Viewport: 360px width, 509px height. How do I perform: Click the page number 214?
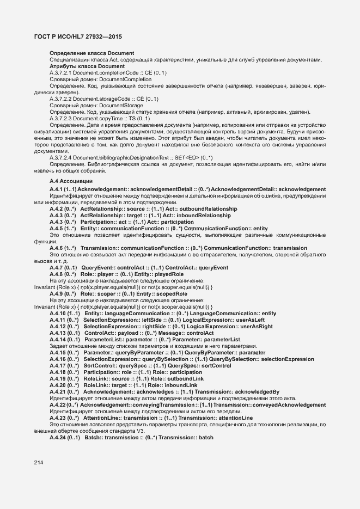tap(38, 463)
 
